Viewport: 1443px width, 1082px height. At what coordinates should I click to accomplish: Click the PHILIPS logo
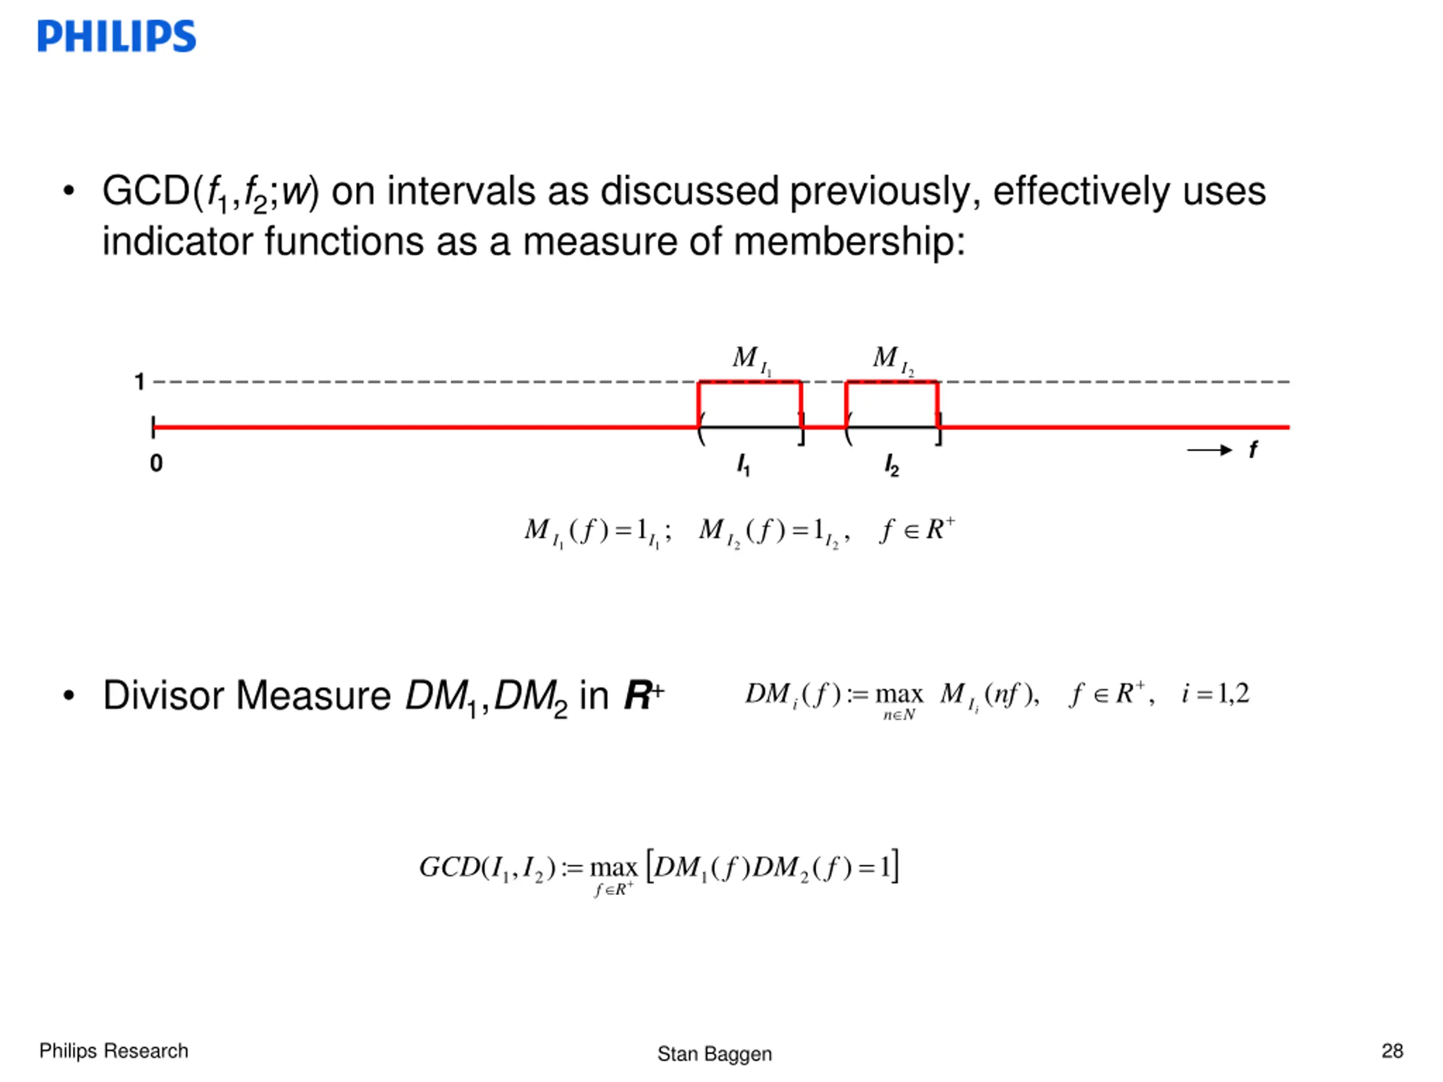tap(117, 36)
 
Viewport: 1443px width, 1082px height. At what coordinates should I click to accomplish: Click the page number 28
tap(1392, 1050)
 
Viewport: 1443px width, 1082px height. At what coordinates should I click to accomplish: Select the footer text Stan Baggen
tap(714, 1053)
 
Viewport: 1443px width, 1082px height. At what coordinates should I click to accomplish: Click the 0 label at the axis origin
tap(156, 463)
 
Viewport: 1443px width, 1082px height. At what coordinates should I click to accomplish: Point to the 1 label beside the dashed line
tap(139, 382)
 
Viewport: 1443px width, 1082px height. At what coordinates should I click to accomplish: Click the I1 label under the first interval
tap(743, 465)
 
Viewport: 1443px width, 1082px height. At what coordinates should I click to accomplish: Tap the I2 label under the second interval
tap(892, 465)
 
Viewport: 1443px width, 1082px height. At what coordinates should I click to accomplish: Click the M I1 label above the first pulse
tap(751, 360)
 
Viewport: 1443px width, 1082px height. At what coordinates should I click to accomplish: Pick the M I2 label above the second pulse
tap(893, 360)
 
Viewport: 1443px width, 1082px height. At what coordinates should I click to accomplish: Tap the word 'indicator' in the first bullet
tap(178, 241)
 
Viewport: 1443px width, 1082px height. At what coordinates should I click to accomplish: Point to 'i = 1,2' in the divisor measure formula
tap(1215, 694)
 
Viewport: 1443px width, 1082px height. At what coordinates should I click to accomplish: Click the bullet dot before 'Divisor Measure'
tap(69, 696)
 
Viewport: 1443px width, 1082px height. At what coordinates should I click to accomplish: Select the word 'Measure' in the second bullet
tap(313, 695)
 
